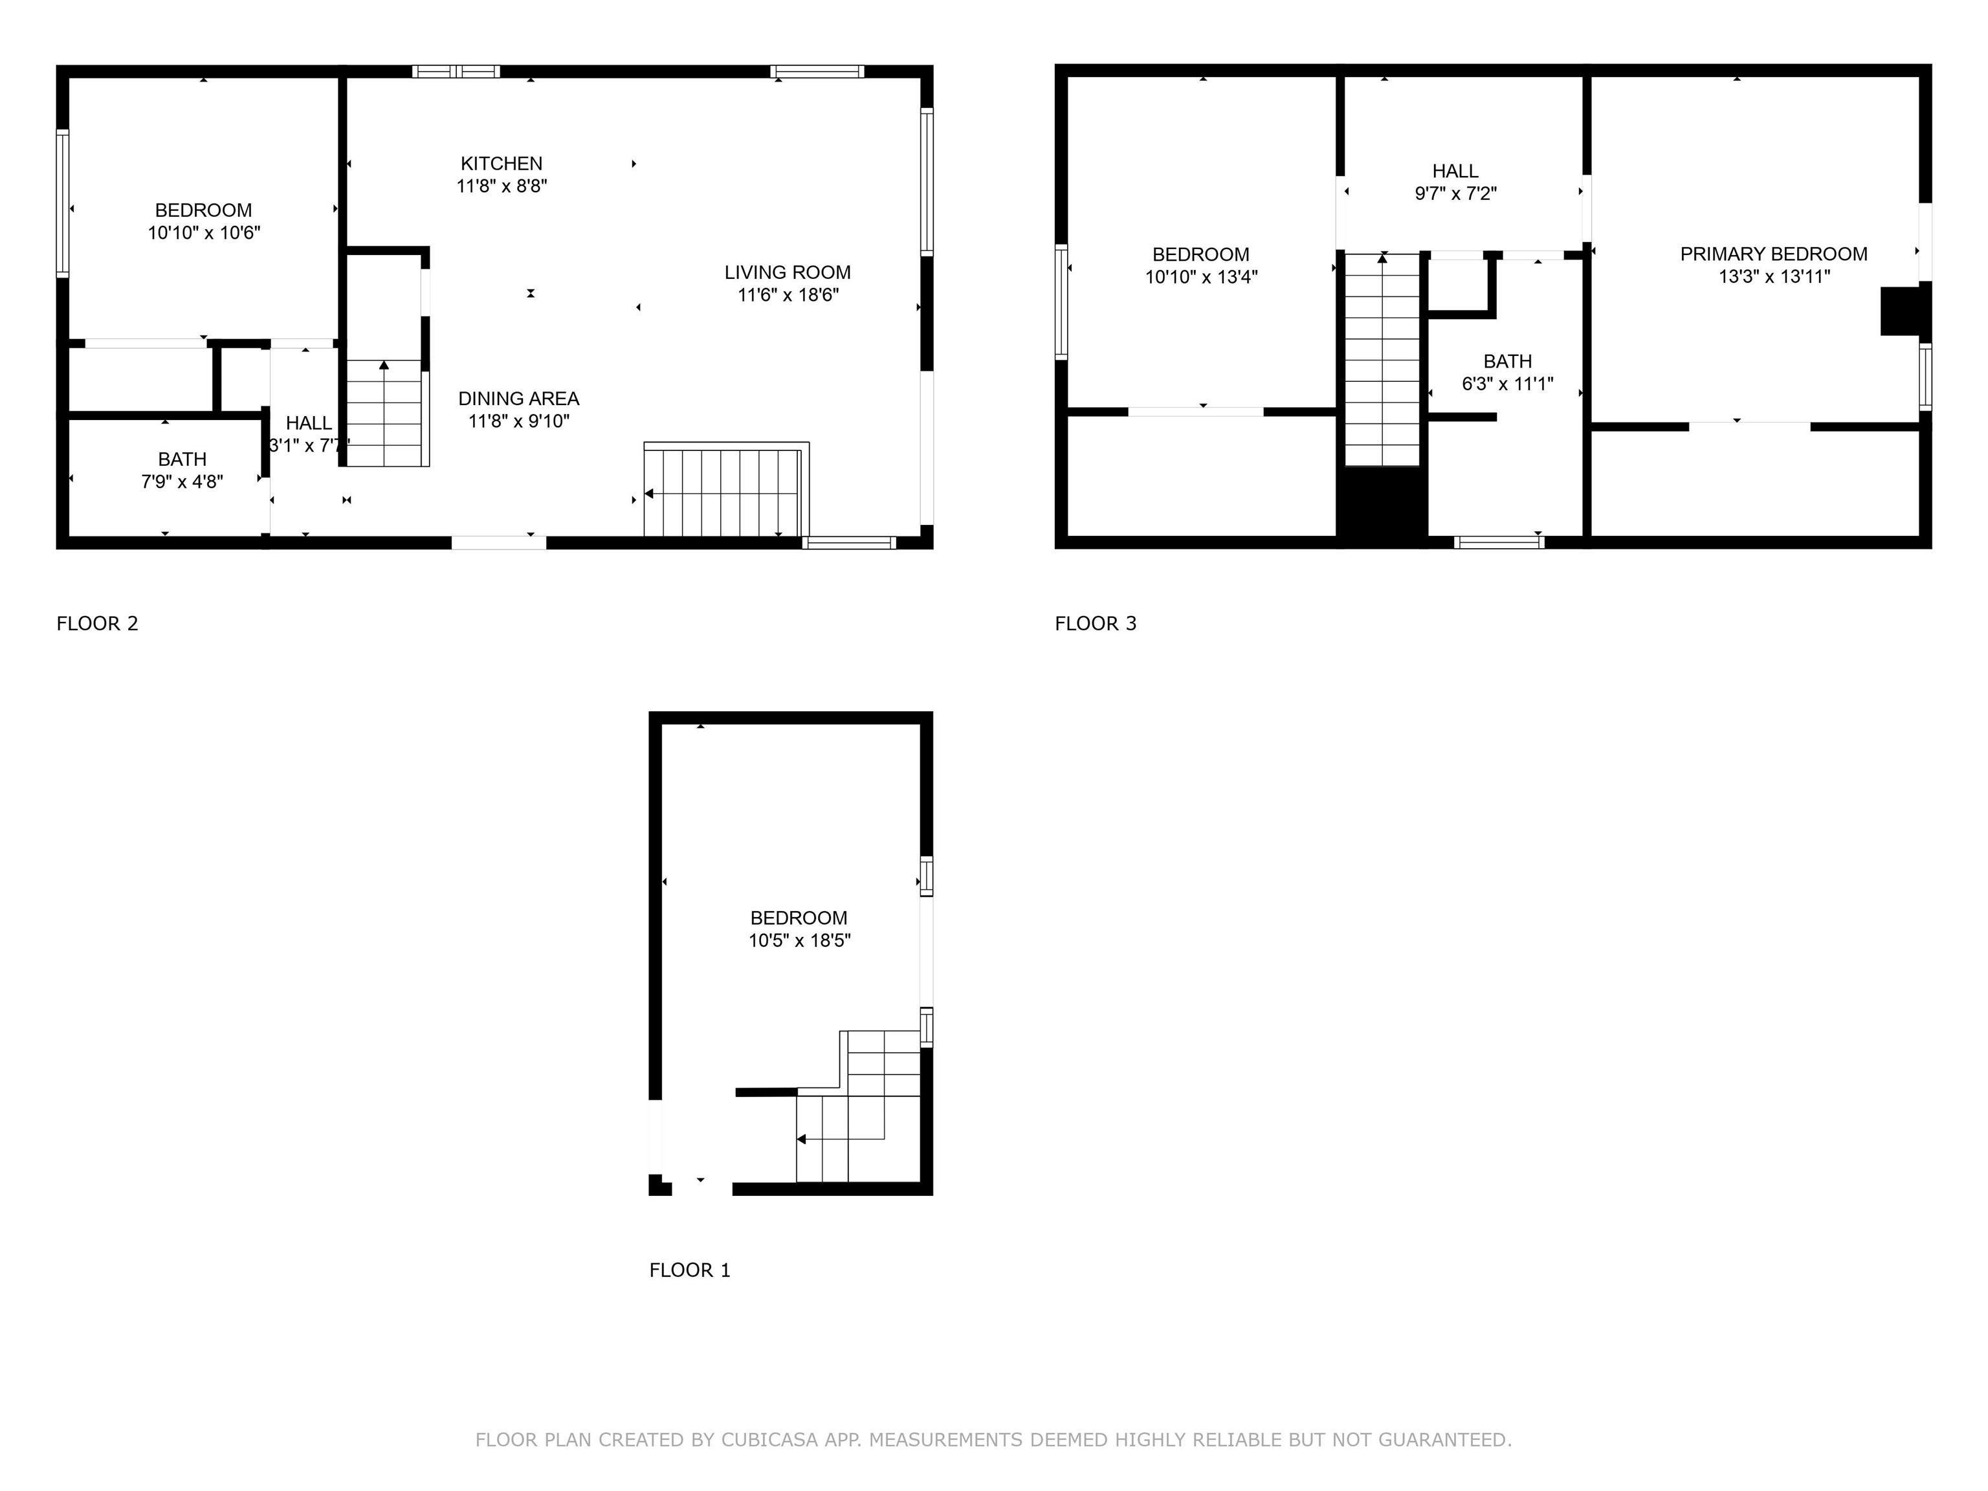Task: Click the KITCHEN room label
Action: [502, 164]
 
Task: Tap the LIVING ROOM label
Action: [788, 272]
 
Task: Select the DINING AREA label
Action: [518, 398]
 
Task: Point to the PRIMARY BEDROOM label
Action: [1773, 254]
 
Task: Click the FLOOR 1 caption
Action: [689, 1270]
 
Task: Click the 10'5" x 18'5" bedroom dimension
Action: [799, 940]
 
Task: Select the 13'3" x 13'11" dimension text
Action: [1773, 277]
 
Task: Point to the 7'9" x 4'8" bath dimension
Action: [182, 481]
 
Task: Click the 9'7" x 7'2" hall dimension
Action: [1455, 193]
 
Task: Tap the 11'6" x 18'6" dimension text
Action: [788, 295]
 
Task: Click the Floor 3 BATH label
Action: [1507, 361]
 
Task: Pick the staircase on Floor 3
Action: [1382, 360]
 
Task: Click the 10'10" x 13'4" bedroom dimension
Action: [1200, 277]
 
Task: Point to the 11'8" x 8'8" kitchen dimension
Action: [502, 186]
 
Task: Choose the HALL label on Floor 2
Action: [308, 423]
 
